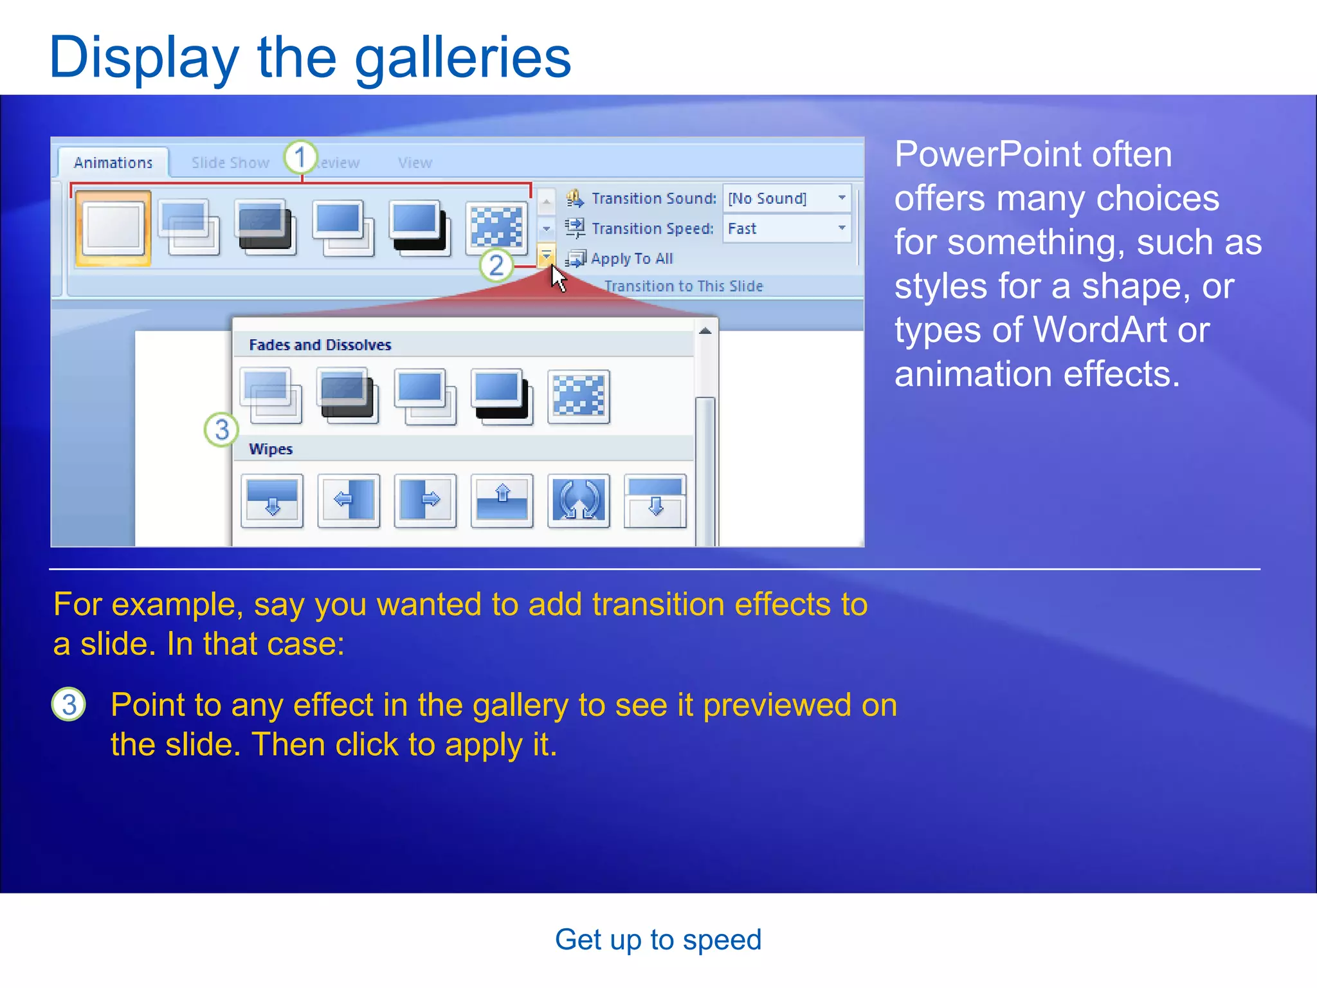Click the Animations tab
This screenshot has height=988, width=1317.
[x=113, y=163]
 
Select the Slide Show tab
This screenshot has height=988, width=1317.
[x=230, y=163]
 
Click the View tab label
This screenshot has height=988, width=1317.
[x=415, y=163]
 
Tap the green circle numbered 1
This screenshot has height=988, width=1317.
[x=300, y=157]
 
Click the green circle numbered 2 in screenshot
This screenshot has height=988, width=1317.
[x=496, y=264]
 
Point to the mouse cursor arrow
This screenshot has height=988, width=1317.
[x=557, y=277]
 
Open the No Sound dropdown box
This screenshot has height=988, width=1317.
[x=786, y=198]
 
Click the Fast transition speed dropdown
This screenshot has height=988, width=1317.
[x=786, y=228]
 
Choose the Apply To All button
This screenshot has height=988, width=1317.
[x=621, y=259]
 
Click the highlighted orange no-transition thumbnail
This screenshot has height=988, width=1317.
[x=113, y=228]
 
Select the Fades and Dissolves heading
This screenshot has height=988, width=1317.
[x=320, y=345]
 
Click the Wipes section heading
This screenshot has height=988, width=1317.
[x=271, y=449]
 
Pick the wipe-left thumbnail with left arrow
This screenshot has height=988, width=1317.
[x=349, y=500]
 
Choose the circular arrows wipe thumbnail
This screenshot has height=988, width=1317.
[x=578, y=500]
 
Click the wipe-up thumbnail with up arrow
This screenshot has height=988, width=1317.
[x=502, y=500]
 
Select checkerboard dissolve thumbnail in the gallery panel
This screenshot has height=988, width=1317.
[x=578, y=396]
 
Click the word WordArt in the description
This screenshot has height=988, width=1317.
[x=1099, y=330]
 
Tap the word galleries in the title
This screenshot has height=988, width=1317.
[x=462, y=58]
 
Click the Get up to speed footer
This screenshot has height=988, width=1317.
[x=658, y=940]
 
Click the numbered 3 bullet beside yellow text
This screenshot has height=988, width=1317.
[x=69, y=704]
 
